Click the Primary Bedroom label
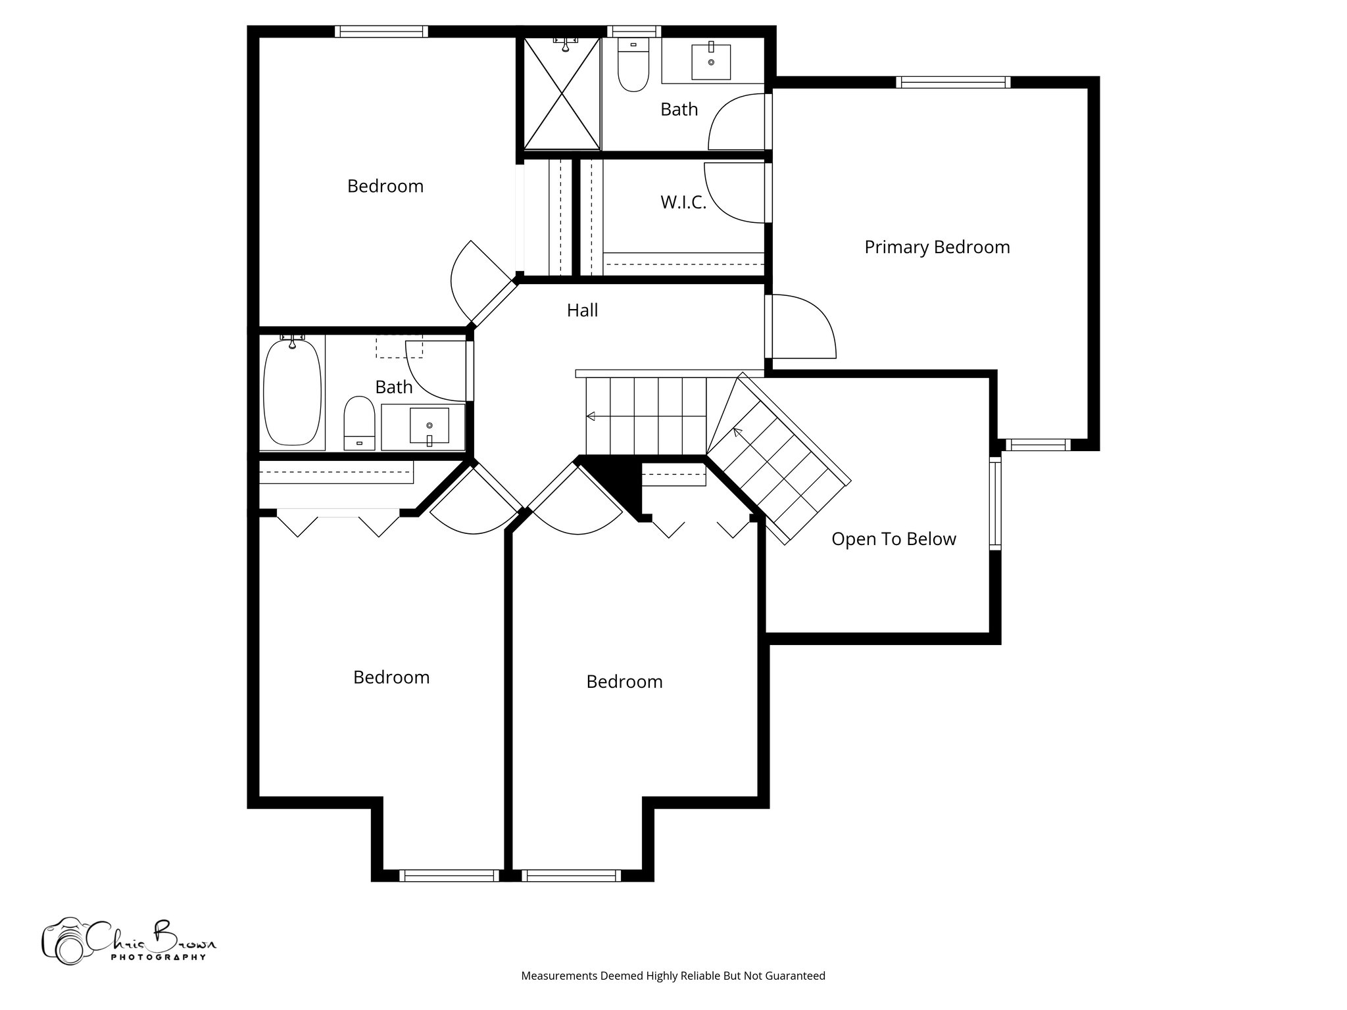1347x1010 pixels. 937,247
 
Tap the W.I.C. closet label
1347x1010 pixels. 683,203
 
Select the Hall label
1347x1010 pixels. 582,310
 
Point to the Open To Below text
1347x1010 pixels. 893,539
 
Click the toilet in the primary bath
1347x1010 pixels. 633,64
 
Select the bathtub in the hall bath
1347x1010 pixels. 292,393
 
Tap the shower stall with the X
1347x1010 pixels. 562,93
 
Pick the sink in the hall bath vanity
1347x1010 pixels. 429,425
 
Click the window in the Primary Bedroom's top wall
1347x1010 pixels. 952,82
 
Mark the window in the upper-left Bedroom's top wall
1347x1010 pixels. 381,32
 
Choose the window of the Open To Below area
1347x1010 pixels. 995,503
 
